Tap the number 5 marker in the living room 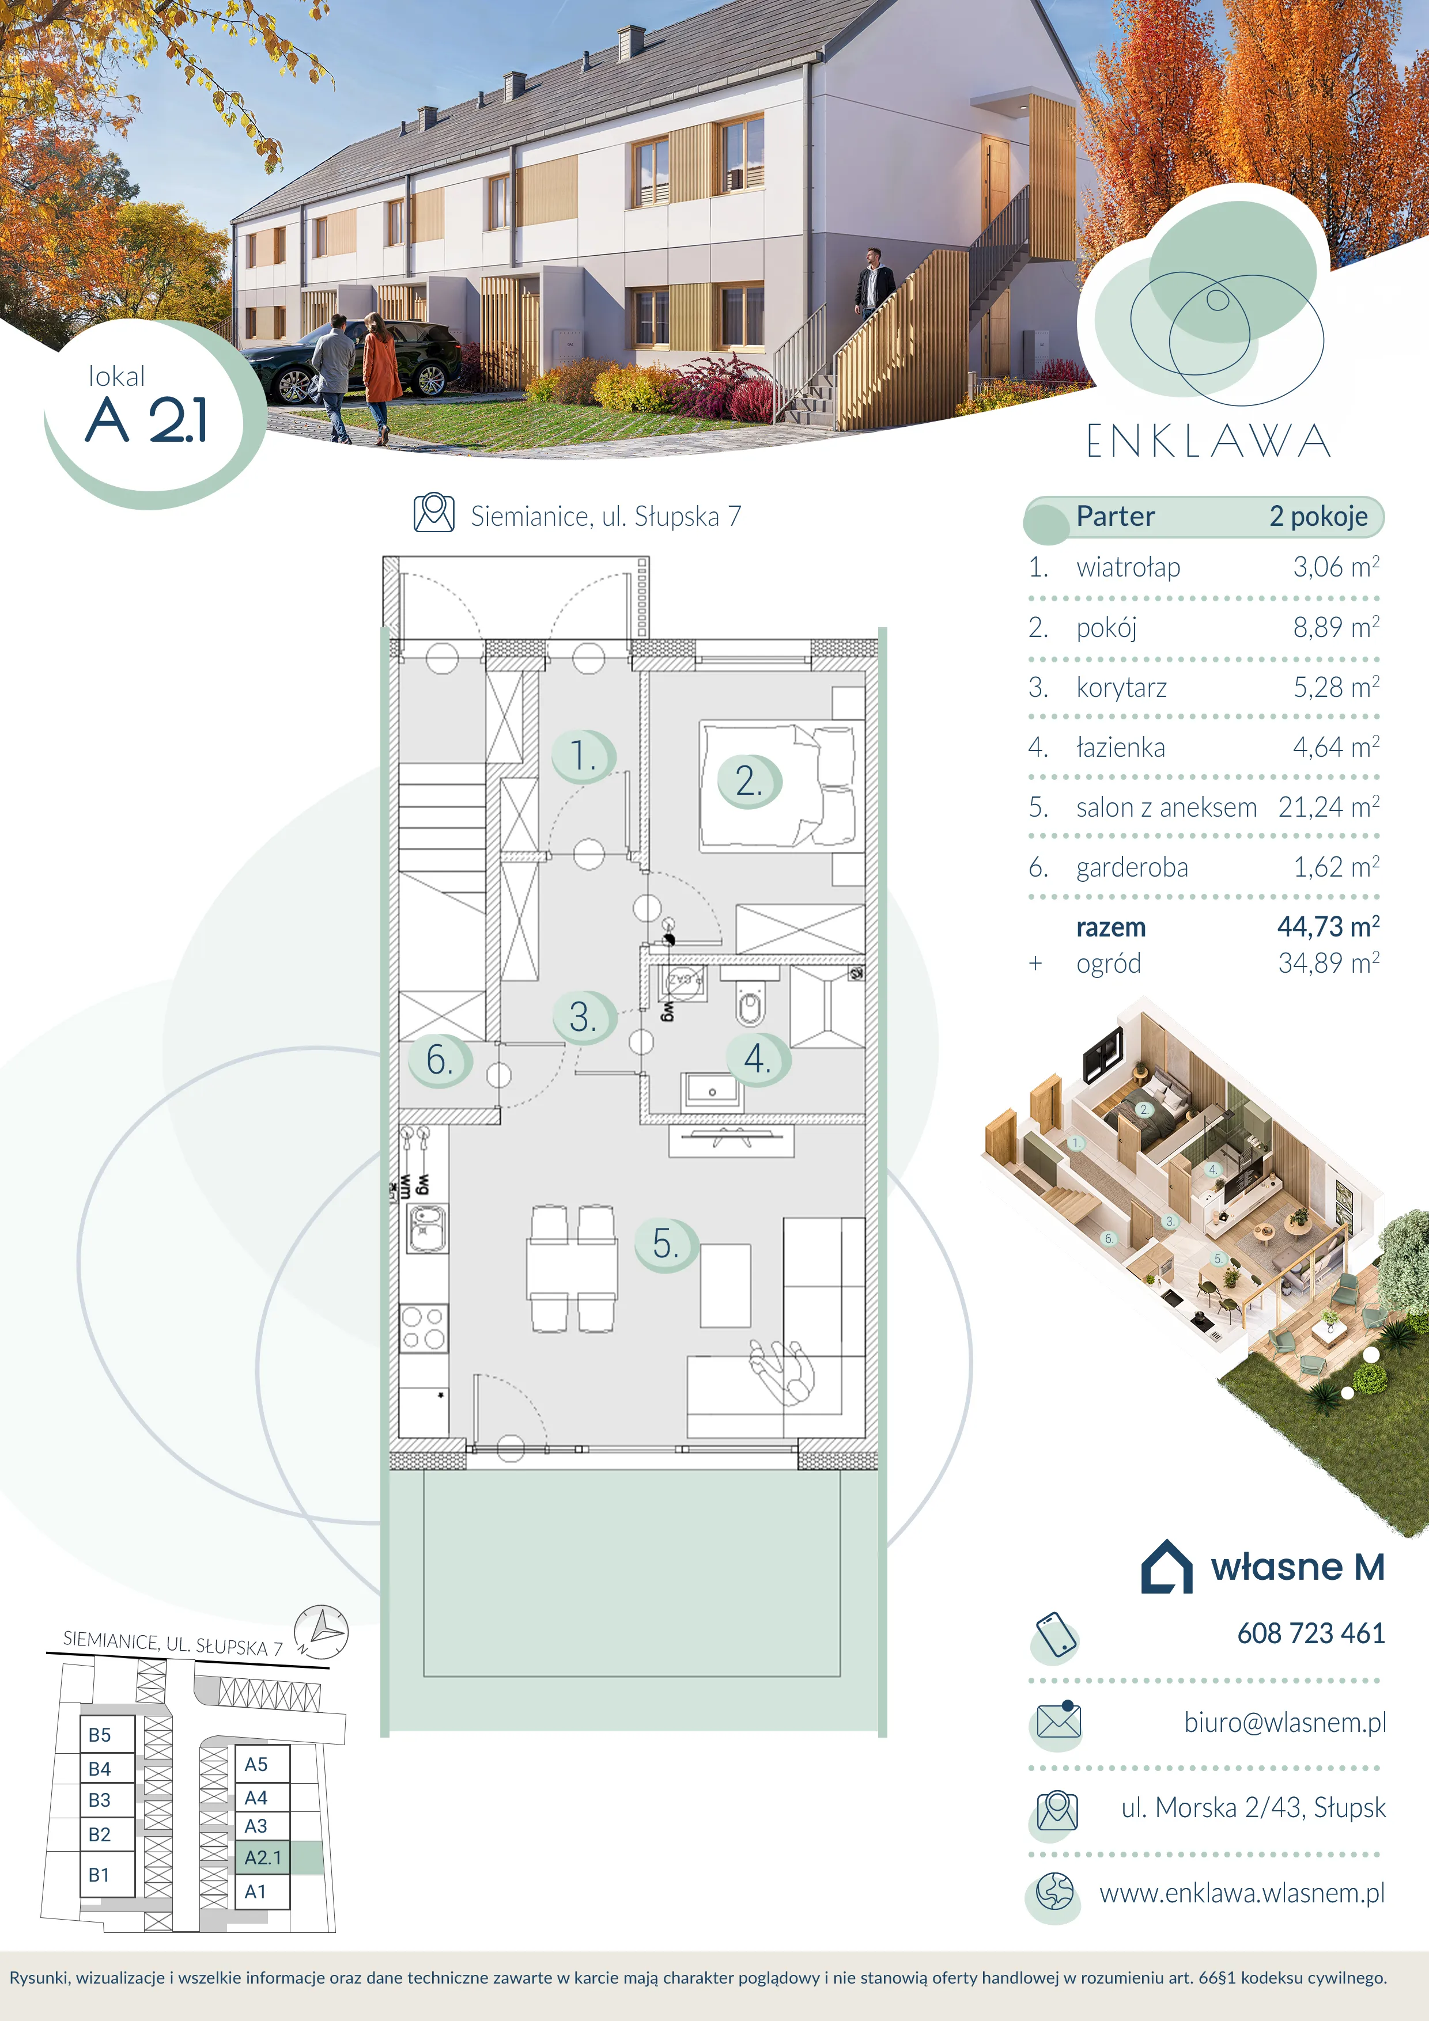667,1244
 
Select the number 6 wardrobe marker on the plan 440,1060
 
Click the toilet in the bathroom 750,1001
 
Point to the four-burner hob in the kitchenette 424,1328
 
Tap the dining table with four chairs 572,1268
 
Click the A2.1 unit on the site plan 262,1857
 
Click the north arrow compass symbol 322,1630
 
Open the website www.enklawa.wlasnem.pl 1242,1893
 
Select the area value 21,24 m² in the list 1329,806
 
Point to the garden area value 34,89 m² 1329,963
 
